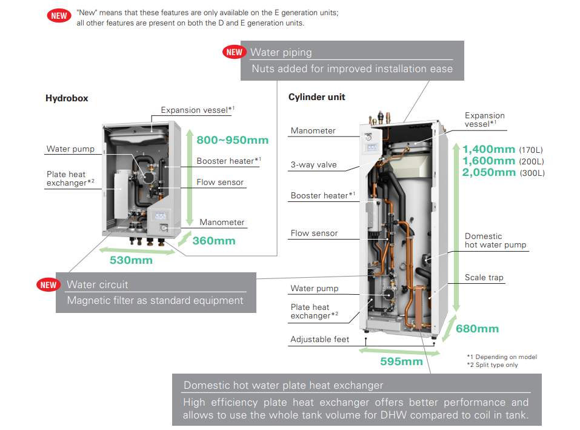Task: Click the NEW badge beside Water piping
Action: click(x=235, y=52)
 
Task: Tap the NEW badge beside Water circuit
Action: click(x=48, y=284)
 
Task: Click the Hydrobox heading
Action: click(x=67, y=98)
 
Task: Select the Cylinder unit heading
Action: click(x=317, y=97)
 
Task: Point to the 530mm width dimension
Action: click(x=131, y=260)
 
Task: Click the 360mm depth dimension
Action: click(x=213, y=241)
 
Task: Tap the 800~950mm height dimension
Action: click(x=232, y=140)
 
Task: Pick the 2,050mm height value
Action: click(x=488, y=172)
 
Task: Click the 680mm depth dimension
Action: click(x=477, y=329)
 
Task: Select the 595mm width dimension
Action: click(x=401, y=361)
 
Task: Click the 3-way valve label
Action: click(x=313, y=164)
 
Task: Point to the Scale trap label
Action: click(x=484, y=277)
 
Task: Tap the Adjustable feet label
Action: click(x=319, y=339)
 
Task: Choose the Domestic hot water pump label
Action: click(x=495, y=241)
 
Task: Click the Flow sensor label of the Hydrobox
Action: click(x=220, y=182)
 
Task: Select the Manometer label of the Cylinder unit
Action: click(x=313, y=130)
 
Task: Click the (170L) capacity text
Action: click(x=532, y=150)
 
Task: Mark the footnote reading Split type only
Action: click(x=492, y=364)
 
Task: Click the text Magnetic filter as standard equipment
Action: click(x=155, y=300)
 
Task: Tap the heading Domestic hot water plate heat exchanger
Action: click(x=283, y=385)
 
